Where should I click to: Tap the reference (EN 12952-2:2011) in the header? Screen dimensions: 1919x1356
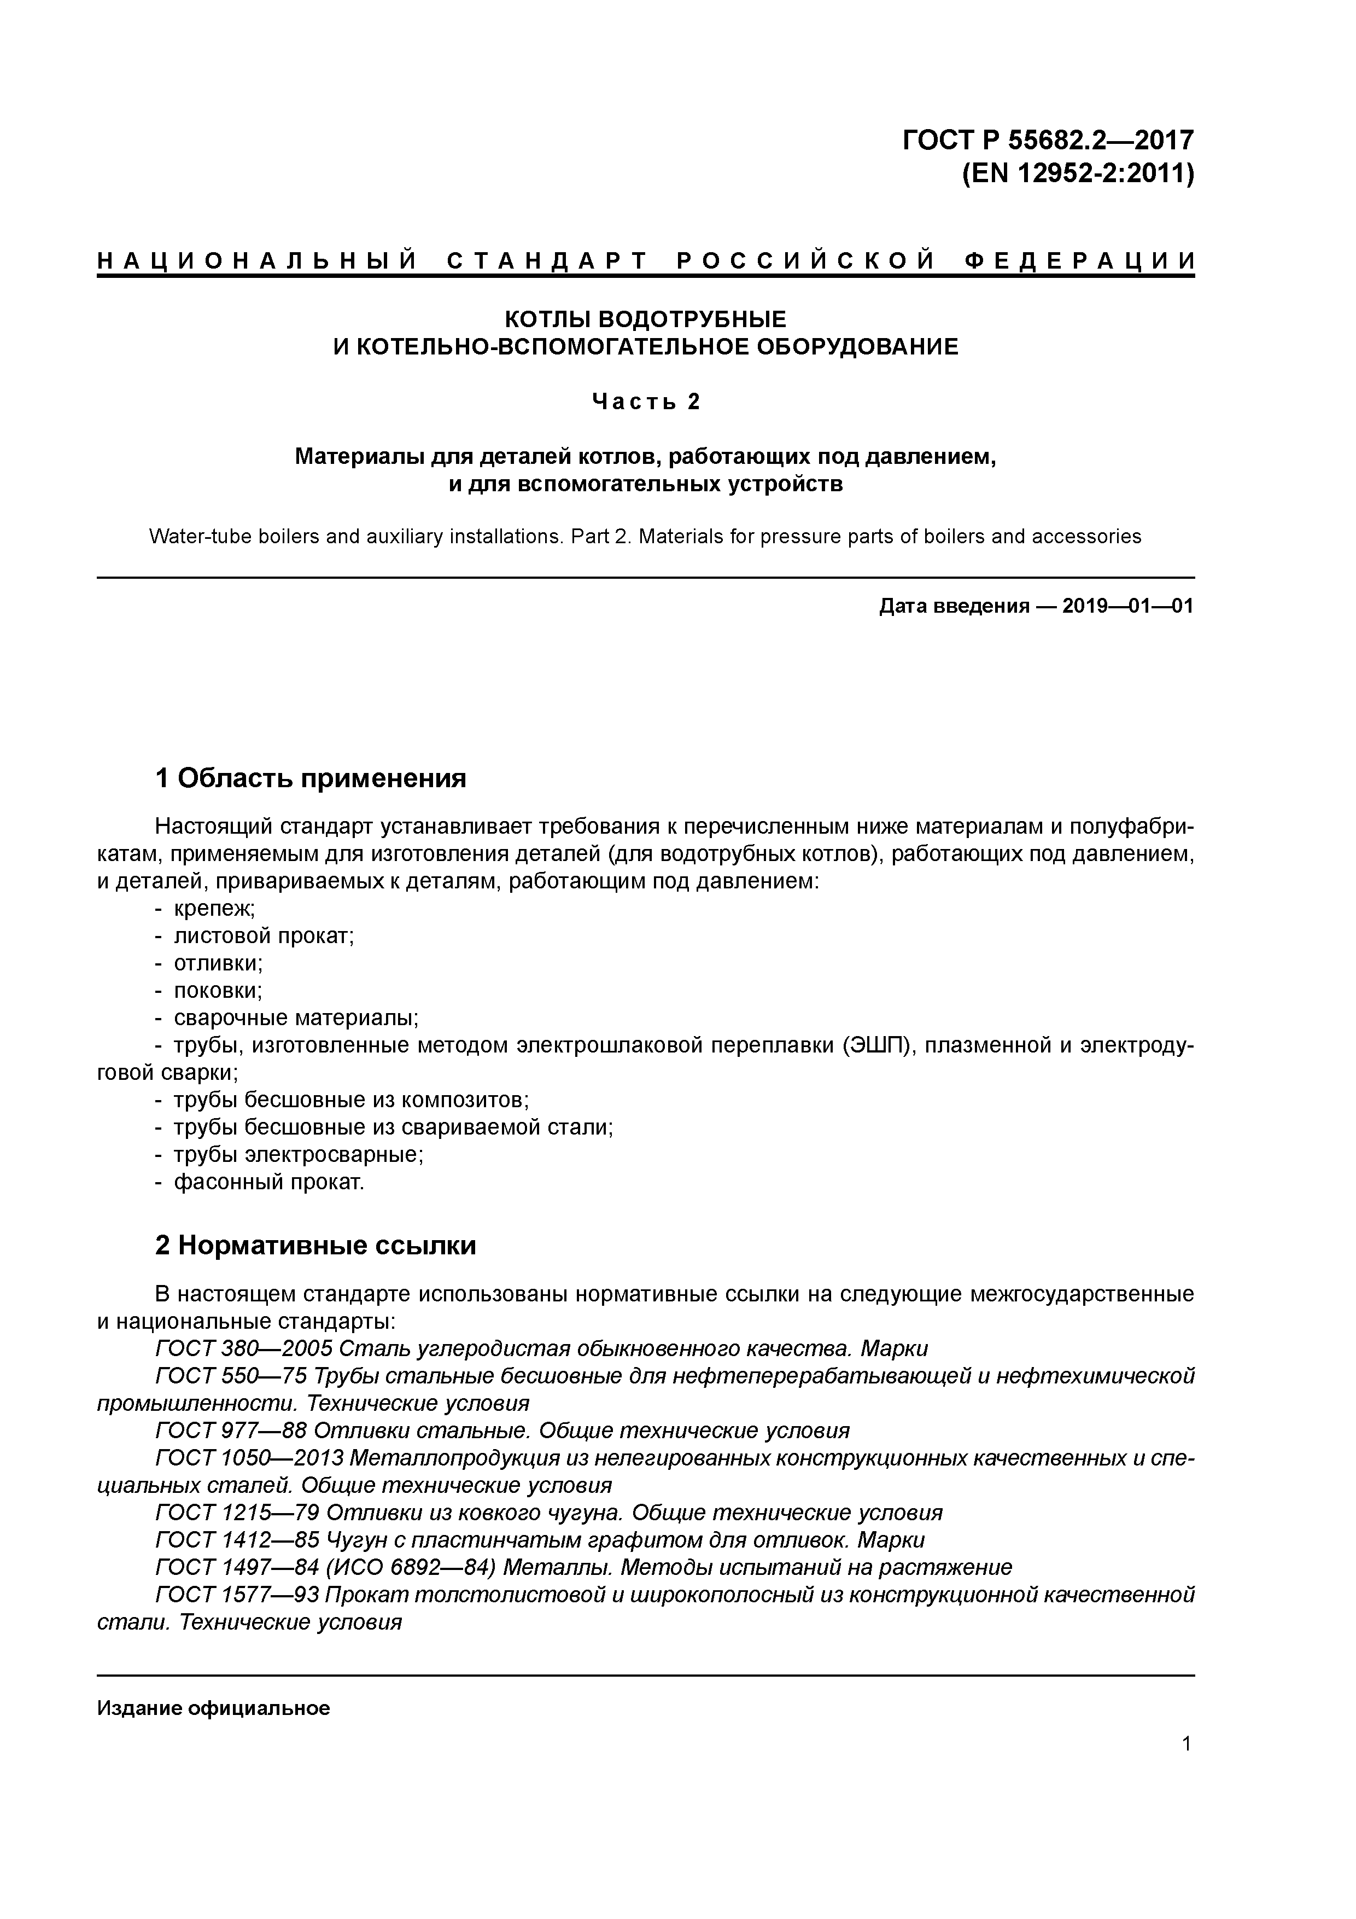[x=1078, y=175]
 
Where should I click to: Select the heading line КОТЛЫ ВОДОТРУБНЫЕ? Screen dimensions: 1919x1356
[x=645, y=318]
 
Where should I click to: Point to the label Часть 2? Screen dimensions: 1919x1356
[x=645, y=402]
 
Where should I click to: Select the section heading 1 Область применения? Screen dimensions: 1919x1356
[x=310, y=778]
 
